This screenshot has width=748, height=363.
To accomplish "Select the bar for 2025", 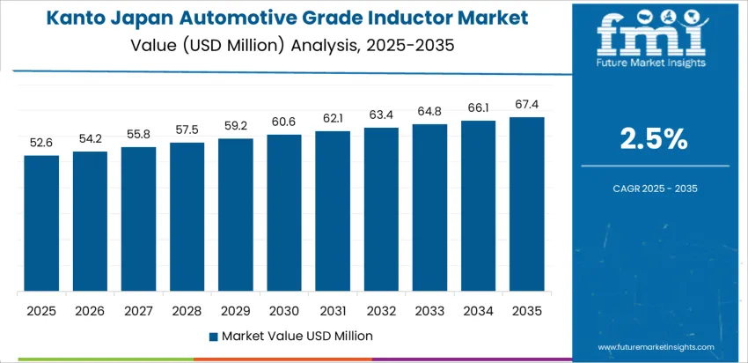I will [41, 224].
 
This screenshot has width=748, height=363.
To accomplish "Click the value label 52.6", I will [41, 143].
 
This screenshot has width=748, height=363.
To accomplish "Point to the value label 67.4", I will [527, 104].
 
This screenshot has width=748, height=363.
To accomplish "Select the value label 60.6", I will [284, 122].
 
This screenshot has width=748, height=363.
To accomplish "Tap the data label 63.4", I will [381, 115].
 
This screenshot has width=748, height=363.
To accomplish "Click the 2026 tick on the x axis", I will [90, 310].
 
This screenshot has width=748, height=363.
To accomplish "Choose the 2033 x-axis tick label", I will [430, 310].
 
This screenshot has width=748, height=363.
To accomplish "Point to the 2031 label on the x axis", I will [333, 310].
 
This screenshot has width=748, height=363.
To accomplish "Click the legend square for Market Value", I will [214, 336].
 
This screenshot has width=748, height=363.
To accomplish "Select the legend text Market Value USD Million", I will [297, 336].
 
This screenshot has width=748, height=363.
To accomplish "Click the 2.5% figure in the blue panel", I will [655, 139].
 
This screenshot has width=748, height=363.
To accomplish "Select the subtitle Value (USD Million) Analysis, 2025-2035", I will [289, 44].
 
